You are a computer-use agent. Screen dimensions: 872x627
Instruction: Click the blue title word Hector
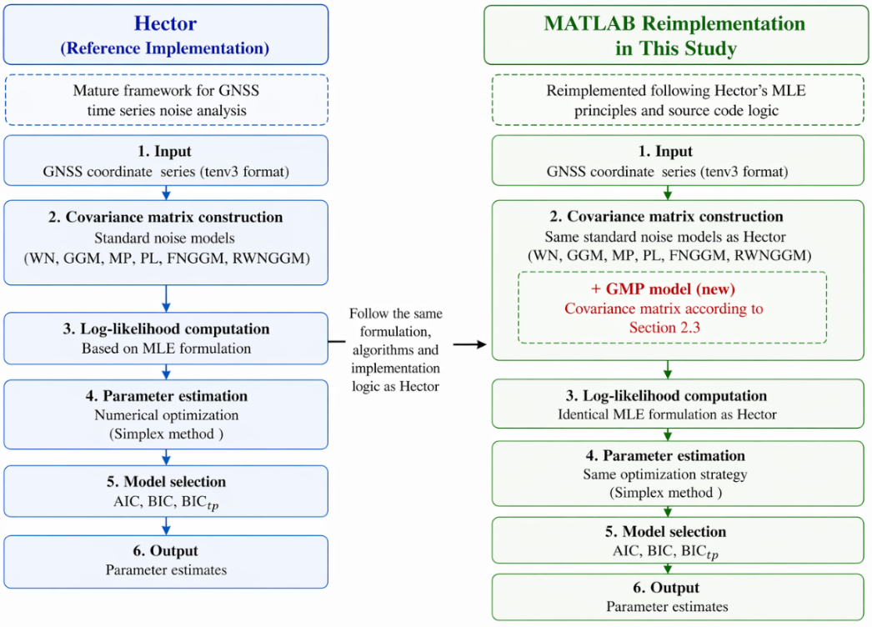coord(165,23)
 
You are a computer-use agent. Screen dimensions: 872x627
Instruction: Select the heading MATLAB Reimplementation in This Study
coord(674,36)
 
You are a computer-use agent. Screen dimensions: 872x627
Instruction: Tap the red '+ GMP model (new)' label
coord(663,288)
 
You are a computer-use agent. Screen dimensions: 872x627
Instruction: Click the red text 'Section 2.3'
coord(664,328)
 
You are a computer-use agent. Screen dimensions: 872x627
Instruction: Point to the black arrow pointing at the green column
coord(470,344)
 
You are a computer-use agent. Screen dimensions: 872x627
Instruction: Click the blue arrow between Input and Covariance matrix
coord(166,193)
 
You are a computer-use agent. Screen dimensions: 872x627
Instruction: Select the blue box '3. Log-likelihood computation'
coord(166,339)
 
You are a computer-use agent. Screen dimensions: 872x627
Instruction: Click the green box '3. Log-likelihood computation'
coord(678,404)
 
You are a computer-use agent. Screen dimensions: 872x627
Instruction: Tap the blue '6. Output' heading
coord(165,550)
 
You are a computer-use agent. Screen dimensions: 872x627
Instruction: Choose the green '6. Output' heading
coord(666,588)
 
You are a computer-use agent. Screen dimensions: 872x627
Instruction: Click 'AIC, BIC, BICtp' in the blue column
coord(166,502)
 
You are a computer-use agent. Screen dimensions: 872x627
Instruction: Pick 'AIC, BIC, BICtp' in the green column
coord(666,551)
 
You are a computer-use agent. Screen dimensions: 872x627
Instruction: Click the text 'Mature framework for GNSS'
coord(166,90)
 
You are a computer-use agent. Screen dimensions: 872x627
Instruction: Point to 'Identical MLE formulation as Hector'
coord(667,414)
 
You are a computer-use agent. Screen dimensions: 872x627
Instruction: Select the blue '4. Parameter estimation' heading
coord(166,395)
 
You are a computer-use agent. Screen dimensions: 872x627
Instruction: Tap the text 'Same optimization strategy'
coord(664,474)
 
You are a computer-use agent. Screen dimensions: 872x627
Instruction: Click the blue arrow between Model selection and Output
coord(166,526)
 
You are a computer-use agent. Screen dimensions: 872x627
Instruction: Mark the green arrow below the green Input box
coord(668,193)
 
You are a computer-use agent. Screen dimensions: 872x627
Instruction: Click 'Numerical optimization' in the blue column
coord(166,415)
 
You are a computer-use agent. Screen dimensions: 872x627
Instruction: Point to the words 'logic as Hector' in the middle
coord(395,386)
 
